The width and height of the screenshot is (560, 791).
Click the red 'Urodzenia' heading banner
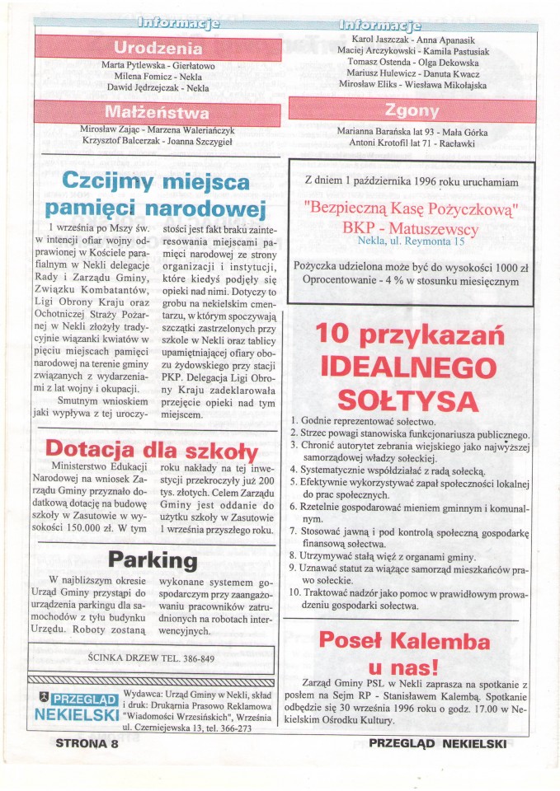[x=158, y=47]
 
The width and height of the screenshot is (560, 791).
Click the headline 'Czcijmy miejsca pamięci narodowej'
[x=156, y=193]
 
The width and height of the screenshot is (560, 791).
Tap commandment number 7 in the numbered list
[x=294, y=531]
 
